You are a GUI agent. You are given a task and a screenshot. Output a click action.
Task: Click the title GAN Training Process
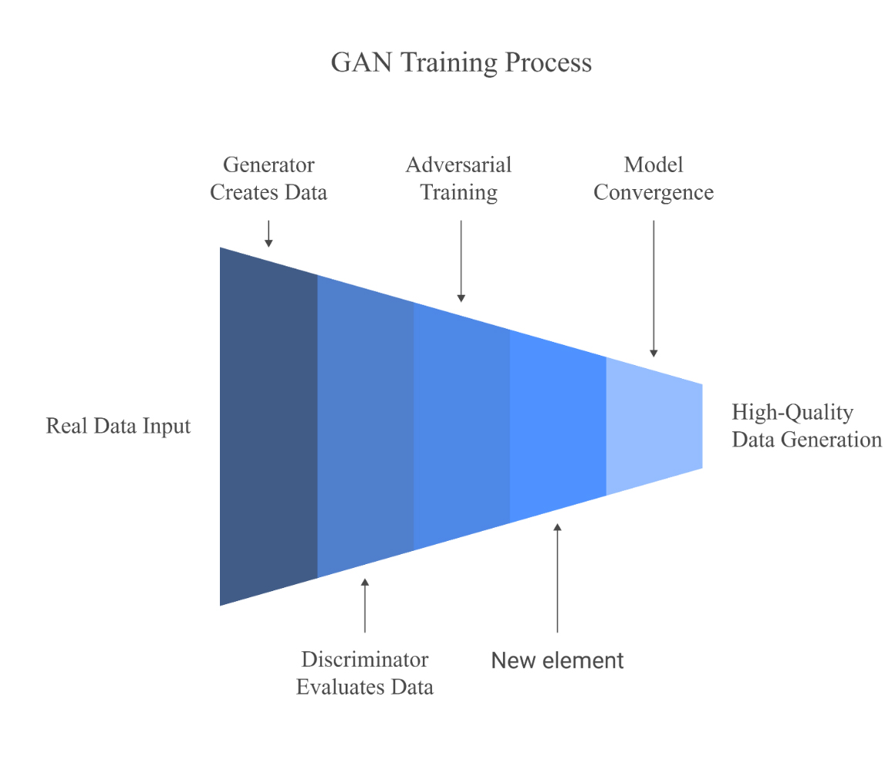click(x=461, y=63)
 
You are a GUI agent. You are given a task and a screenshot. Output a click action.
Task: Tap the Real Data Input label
click(x=118, y=426)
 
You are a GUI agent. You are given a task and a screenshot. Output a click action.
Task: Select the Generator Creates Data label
click(x=268, y=178)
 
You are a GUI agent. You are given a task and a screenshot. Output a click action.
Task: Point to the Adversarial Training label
click(x=459, y=178)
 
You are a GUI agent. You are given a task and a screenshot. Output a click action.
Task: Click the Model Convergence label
click(x=654, y=178)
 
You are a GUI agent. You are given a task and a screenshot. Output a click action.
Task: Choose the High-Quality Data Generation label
click(x=806, y=426)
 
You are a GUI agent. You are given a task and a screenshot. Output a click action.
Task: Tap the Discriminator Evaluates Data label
click(x=365, y=673)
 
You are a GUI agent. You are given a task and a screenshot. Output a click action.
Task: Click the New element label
click(x=558, y=661)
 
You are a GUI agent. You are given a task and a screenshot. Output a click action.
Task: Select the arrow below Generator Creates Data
click(x=268, y=233)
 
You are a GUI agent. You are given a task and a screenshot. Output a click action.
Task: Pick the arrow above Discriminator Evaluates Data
click(x=365, y=605)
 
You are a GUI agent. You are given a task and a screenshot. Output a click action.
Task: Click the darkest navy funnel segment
click(x=268, y=426)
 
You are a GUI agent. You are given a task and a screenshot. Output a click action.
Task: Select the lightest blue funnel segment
click(x=654, y=426)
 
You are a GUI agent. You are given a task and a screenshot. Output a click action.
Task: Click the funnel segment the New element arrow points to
click(x=558, y=426)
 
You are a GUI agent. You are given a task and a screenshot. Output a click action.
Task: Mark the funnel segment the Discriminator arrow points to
click(x=365, y=426)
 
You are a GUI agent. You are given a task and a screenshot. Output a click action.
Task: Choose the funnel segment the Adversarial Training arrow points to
click(x=461, y=426)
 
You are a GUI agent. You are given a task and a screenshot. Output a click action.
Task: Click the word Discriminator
click(x=365, y=660)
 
